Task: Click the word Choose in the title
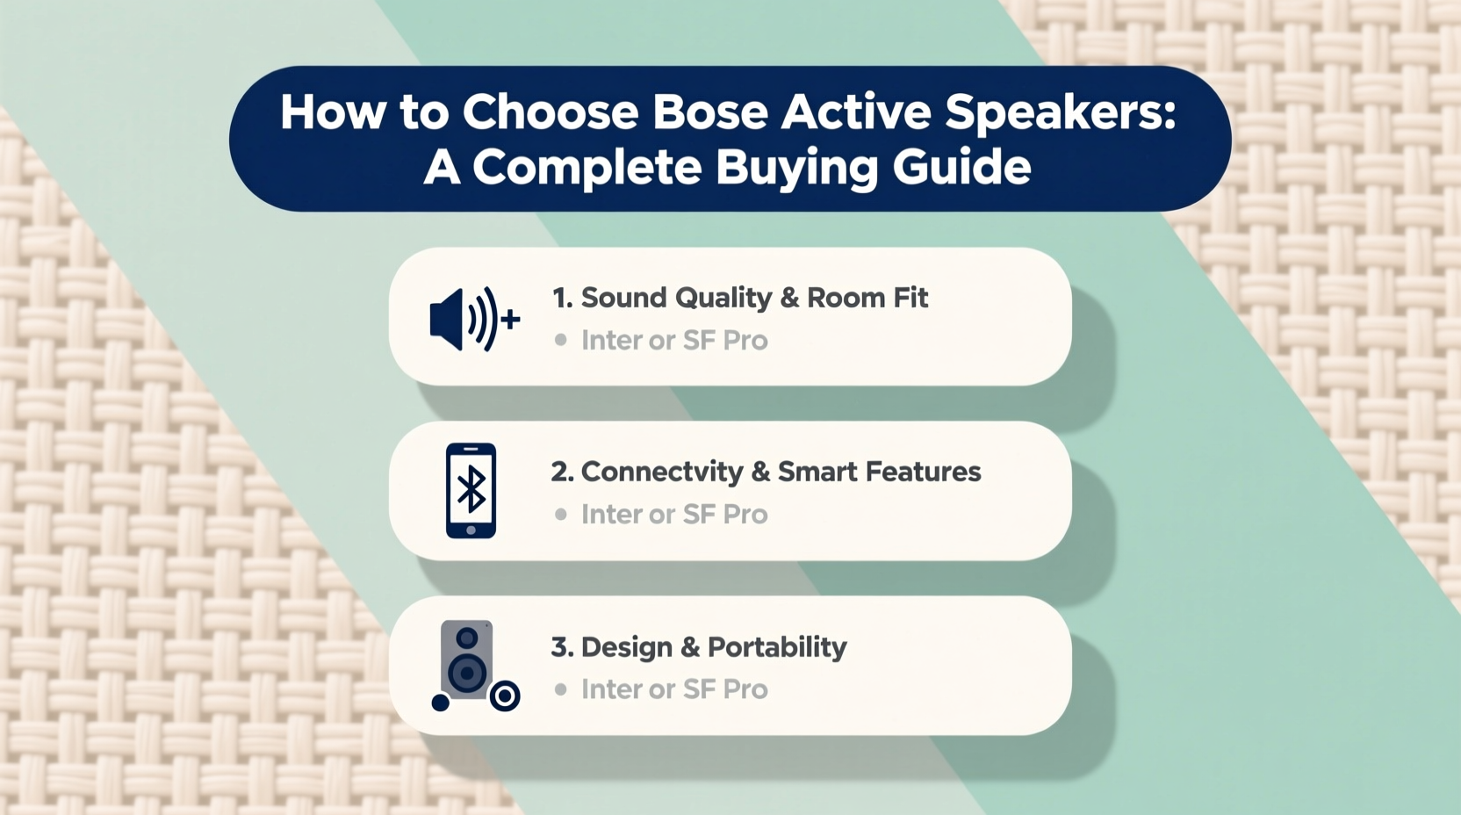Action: (551, 112)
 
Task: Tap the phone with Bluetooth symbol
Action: (471, 490)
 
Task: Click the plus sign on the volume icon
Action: (510, 320)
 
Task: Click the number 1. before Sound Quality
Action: (562, 298)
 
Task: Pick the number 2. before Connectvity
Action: (562, 472)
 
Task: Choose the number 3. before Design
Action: (562, 647)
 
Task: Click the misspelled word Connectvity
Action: (662, 472)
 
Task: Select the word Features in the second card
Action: (923, 472)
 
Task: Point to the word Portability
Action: (777, 647)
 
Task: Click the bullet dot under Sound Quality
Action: (560, 340)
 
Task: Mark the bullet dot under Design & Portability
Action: (560, 689)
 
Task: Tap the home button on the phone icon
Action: (471, 530)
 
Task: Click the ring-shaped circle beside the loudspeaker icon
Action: (505, 696)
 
